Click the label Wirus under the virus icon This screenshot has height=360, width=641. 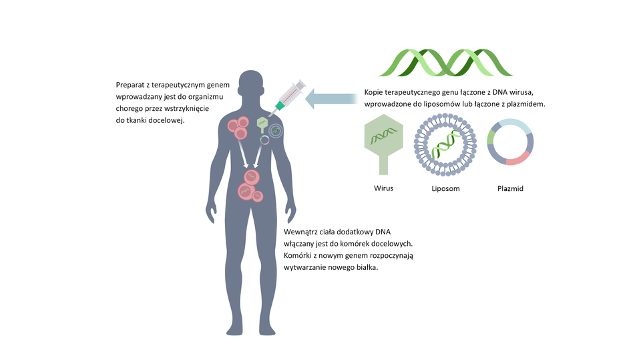(383, 188)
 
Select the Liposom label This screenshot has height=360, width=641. (445, 188)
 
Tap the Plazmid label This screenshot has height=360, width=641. (510, 188)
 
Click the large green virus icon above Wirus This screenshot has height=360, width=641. (383, 137)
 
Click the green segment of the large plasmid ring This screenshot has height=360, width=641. (491, 138)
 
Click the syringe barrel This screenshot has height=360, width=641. (292, 92)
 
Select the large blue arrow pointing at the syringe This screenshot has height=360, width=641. (331, 99)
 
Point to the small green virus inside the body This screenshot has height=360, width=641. (262, 123)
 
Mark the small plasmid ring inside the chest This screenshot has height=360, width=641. (265, 139)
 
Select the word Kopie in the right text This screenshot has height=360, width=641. (375, 92)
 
